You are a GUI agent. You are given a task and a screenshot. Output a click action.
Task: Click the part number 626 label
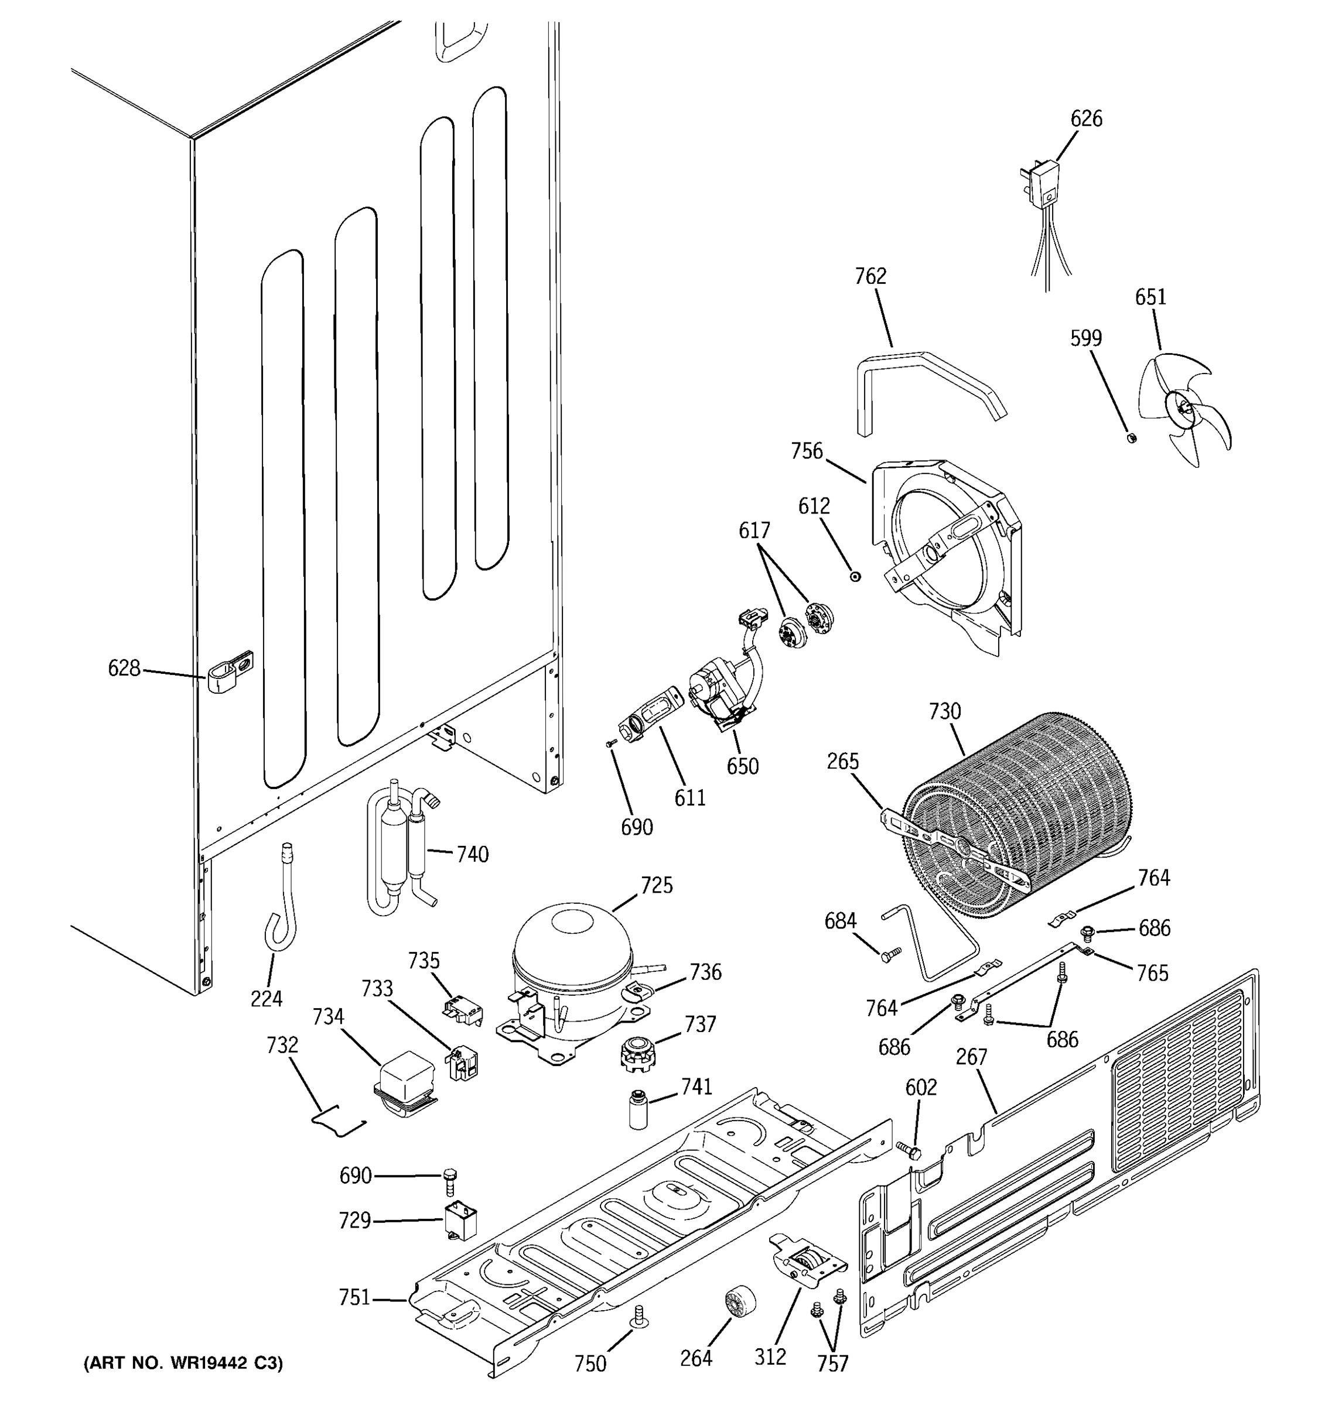coord(1085,119)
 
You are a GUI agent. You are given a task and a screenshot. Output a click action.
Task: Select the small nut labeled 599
coord(1130,437)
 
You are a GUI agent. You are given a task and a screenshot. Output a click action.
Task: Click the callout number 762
coord(870,276)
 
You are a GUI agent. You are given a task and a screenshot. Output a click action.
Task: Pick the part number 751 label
coord(354,1297)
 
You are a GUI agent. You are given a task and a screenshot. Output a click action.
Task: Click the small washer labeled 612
coord(855,577)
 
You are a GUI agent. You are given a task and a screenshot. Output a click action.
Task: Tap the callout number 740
coord(472,855)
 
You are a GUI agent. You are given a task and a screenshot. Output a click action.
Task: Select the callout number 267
coord(971,1057)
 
